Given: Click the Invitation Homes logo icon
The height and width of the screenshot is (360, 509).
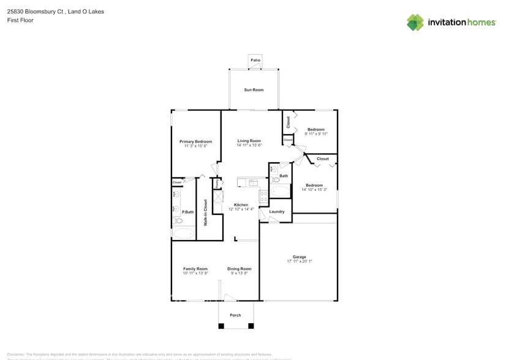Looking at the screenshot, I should point(415,22).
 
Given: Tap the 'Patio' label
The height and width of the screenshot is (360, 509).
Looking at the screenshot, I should point(255,60).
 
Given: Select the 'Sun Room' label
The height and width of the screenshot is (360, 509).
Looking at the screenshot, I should point(254,90).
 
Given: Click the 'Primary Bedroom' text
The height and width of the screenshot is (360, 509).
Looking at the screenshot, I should point(195,141).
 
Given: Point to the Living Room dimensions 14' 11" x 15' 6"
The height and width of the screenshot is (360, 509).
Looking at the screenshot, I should point(249,146).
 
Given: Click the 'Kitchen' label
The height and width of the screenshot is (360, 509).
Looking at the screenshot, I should point(241,204).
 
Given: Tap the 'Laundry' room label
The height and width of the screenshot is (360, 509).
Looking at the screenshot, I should point(277,212).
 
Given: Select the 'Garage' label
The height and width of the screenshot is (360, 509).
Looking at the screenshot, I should point(299,257).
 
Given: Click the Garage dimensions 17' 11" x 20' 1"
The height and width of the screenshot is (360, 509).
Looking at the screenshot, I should point(299,261).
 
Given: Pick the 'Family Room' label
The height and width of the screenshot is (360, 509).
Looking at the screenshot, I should point(195,269).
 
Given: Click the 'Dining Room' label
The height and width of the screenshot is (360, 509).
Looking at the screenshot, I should point(239,269).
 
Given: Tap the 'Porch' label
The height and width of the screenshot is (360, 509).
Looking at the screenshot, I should point(235,315).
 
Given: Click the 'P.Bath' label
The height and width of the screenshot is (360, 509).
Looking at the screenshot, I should point(187,212).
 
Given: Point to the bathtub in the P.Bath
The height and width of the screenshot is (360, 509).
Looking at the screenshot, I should point(183,233).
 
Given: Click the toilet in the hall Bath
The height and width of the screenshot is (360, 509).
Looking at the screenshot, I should point(273,170).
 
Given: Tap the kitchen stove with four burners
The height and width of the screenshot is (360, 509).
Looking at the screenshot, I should point(263,197).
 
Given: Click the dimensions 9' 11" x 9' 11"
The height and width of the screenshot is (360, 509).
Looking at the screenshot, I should point(315,134).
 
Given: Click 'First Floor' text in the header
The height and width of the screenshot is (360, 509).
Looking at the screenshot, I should point(20,20).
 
